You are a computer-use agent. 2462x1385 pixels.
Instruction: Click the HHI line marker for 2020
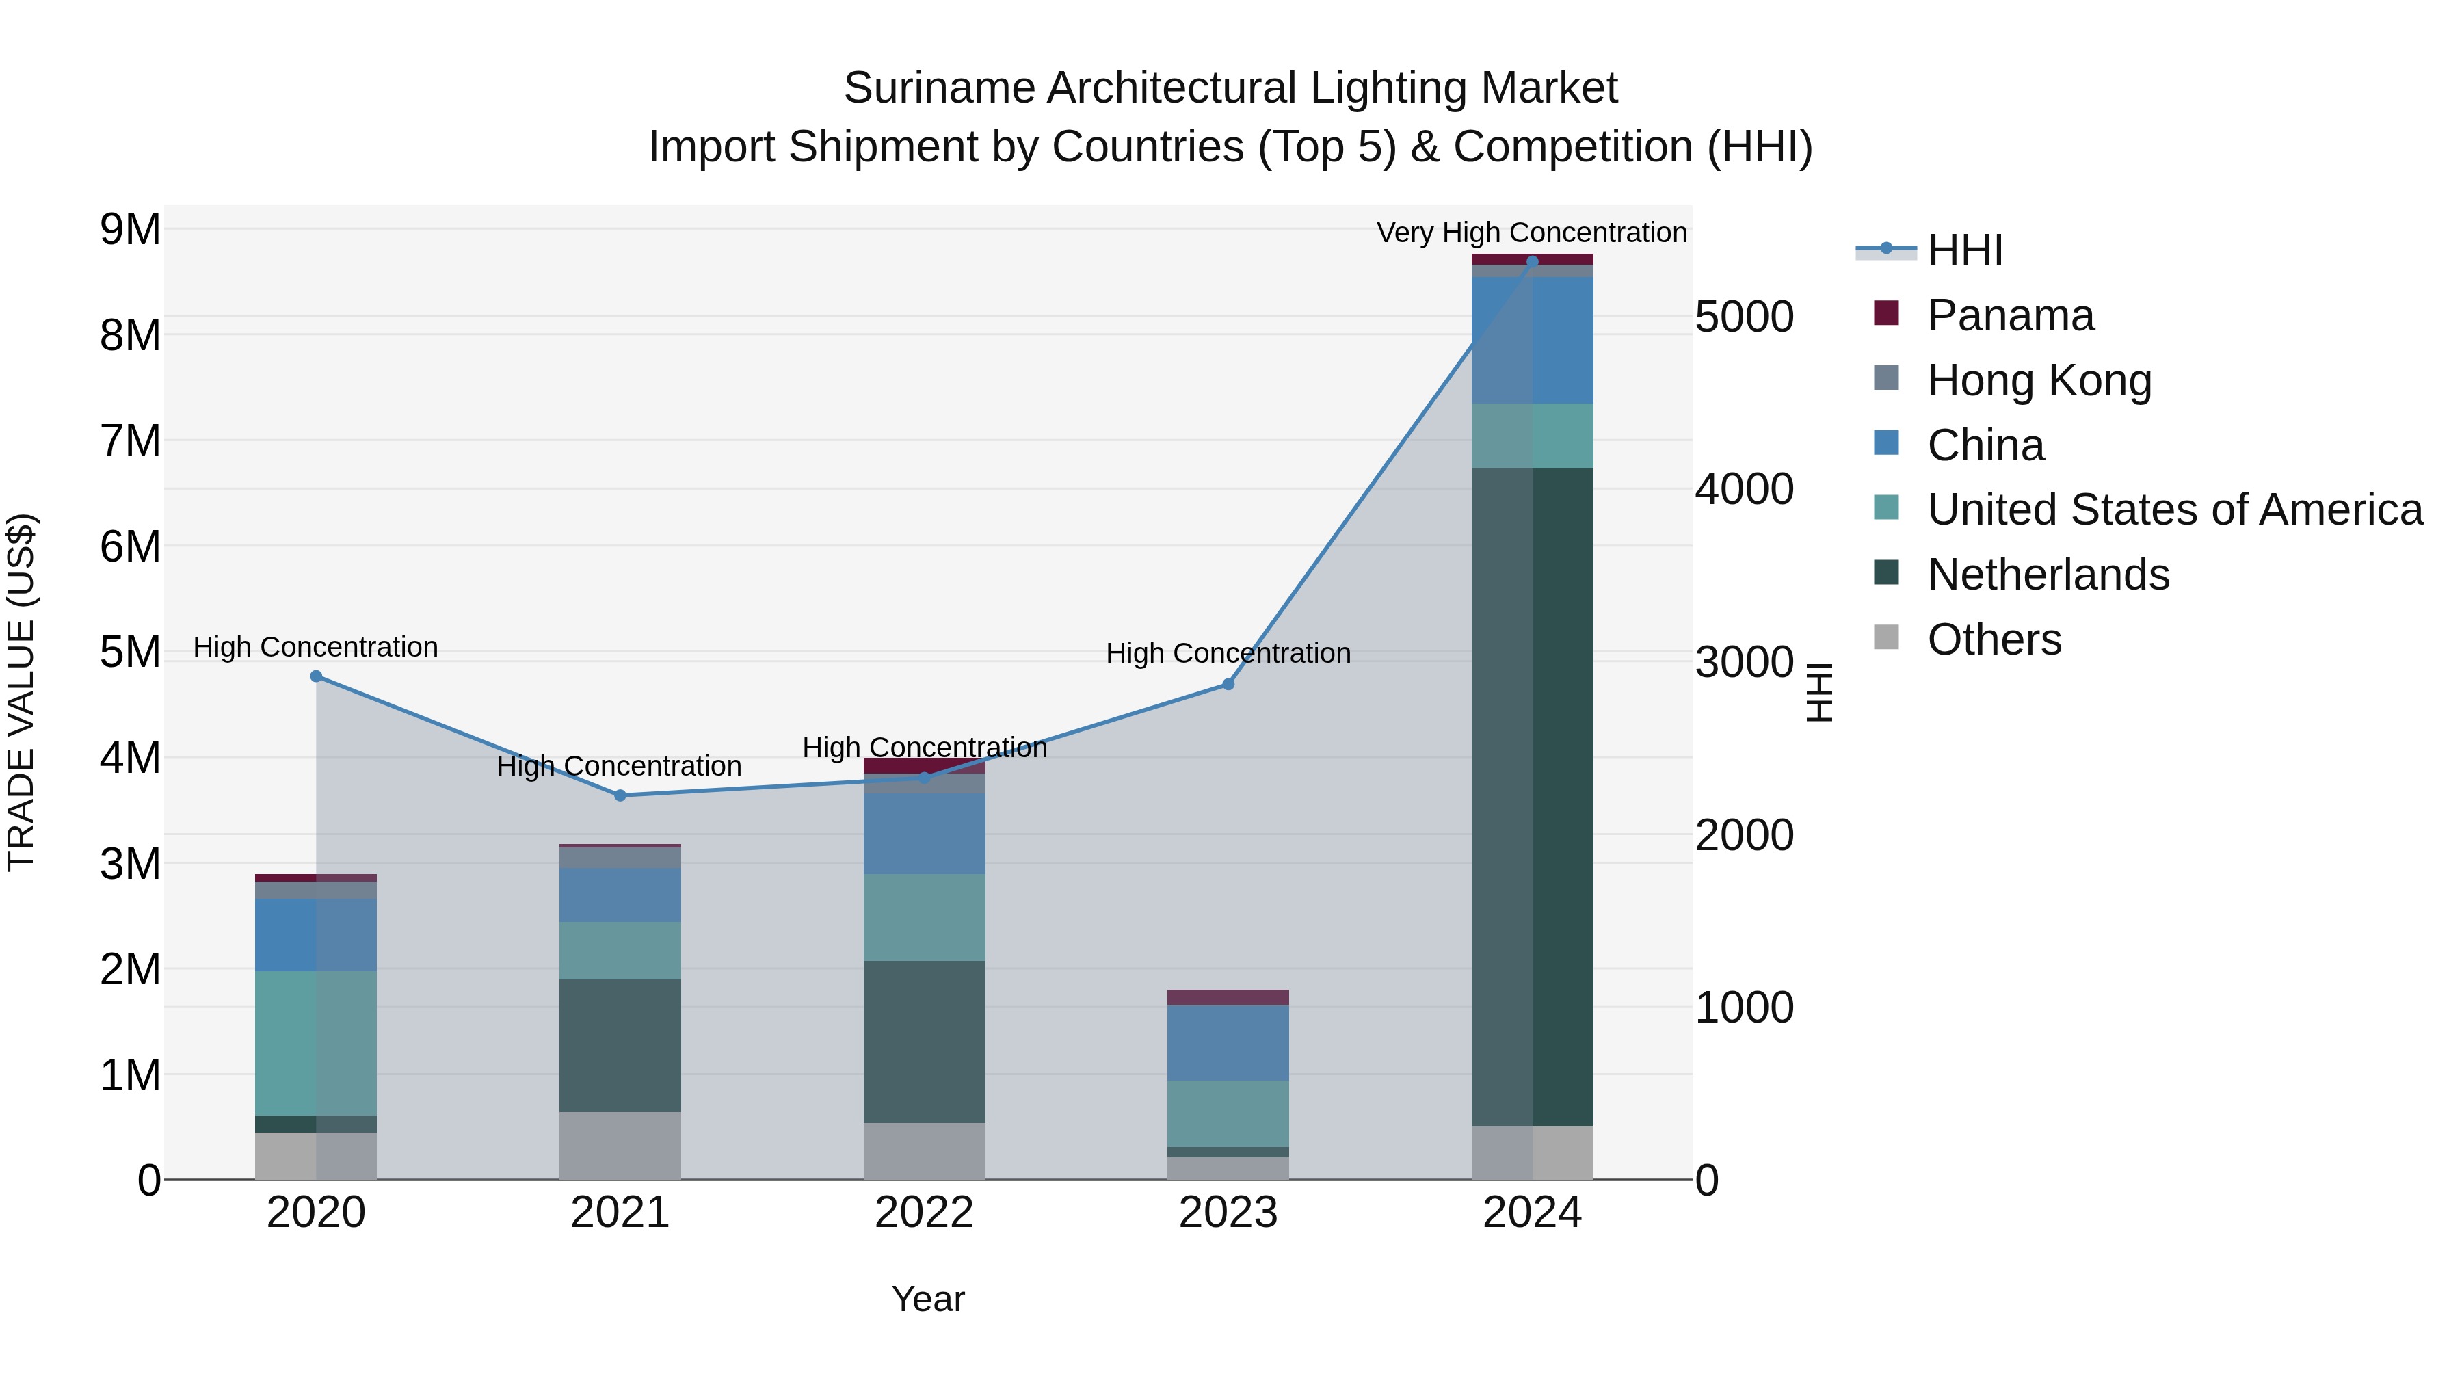tap(317, 676)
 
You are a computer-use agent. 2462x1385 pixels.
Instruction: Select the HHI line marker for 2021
tap(620, 795)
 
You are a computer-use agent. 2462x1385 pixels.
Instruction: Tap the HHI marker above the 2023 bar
tap(1228, 685)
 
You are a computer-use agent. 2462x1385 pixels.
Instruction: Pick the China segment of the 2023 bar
tap(1228, 1043)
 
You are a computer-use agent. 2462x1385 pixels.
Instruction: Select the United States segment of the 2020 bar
tap(317, 1043)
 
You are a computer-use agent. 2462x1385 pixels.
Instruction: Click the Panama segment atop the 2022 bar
tap(924, 765)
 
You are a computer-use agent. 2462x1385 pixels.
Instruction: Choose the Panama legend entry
tap(2010, 315)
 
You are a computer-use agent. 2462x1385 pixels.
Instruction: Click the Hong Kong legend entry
tap(2039, 380)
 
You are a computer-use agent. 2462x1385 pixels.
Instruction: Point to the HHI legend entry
tap(1964, 250)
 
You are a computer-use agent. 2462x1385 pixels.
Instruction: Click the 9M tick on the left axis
tap(130, 229)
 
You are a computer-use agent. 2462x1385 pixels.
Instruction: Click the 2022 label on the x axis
tap(924, 1213)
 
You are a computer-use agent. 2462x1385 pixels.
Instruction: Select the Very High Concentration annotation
tap(1531, 233)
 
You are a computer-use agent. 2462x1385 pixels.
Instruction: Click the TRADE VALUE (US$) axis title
tap(21, 692)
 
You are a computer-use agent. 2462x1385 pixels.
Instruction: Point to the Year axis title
tap(928, 1299)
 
